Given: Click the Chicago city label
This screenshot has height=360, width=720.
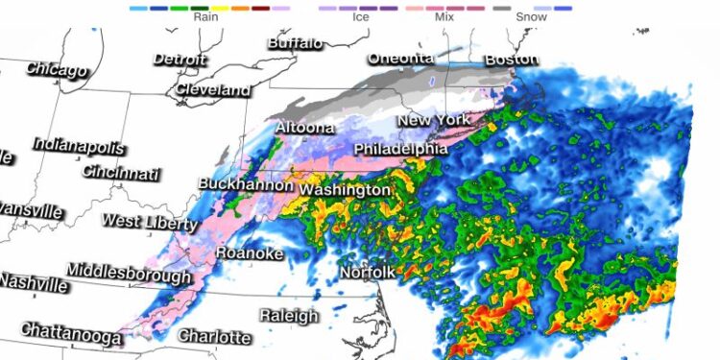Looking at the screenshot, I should point(57,69).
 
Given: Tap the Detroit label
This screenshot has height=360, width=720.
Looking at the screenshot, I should point(180,59).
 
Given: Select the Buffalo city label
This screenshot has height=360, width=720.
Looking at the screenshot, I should point(296,43).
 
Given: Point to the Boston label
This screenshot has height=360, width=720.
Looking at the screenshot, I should point(512,59).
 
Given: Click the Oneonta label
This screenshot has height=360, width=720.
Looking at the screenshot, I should point(401,59).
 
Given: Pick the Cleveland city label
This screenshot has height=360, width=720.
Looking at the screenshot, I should point(213,89).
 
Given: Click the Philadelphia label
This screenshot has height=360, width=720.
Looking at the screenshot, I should point(400,150).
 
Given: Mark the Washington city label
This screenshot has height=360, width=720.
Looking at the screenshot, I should point(345,190).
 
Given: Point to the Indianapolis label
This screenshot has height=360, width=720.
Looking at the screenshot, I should point(79,146).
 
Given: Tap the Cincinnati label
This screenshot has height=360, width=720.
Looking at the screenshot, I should point(121,174).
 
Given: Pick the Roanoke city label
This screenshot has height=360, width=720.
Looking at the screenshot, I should point(249,252).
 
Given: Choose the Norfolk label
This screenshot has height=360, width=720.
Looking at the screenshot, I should point(367,274).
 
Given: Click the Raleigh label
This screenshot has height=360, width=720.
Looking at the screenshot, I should point(289,316).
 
